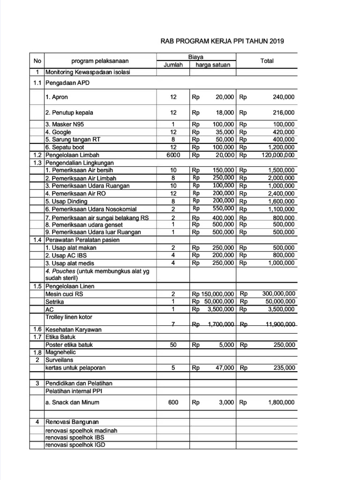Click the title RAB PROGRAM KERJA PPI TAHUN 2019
(222, 41)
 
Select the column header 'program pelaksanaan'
(100, 61)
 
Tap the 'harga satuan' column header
(213, 65)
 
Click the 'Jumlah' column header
(173, 65)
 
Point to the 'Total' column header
(267, 61)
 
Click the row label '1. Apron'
(57, 97)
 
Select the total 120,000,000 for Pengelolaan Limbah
(275, 155)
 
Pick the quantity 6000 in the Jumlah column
(173, 155)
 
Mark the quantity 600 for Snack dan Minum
(173, 402)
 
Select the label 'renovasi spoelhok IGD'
(75, 445)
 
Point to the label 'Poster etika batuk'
(69, 345)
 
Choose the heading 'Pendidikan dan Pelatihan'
(79, 383)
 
